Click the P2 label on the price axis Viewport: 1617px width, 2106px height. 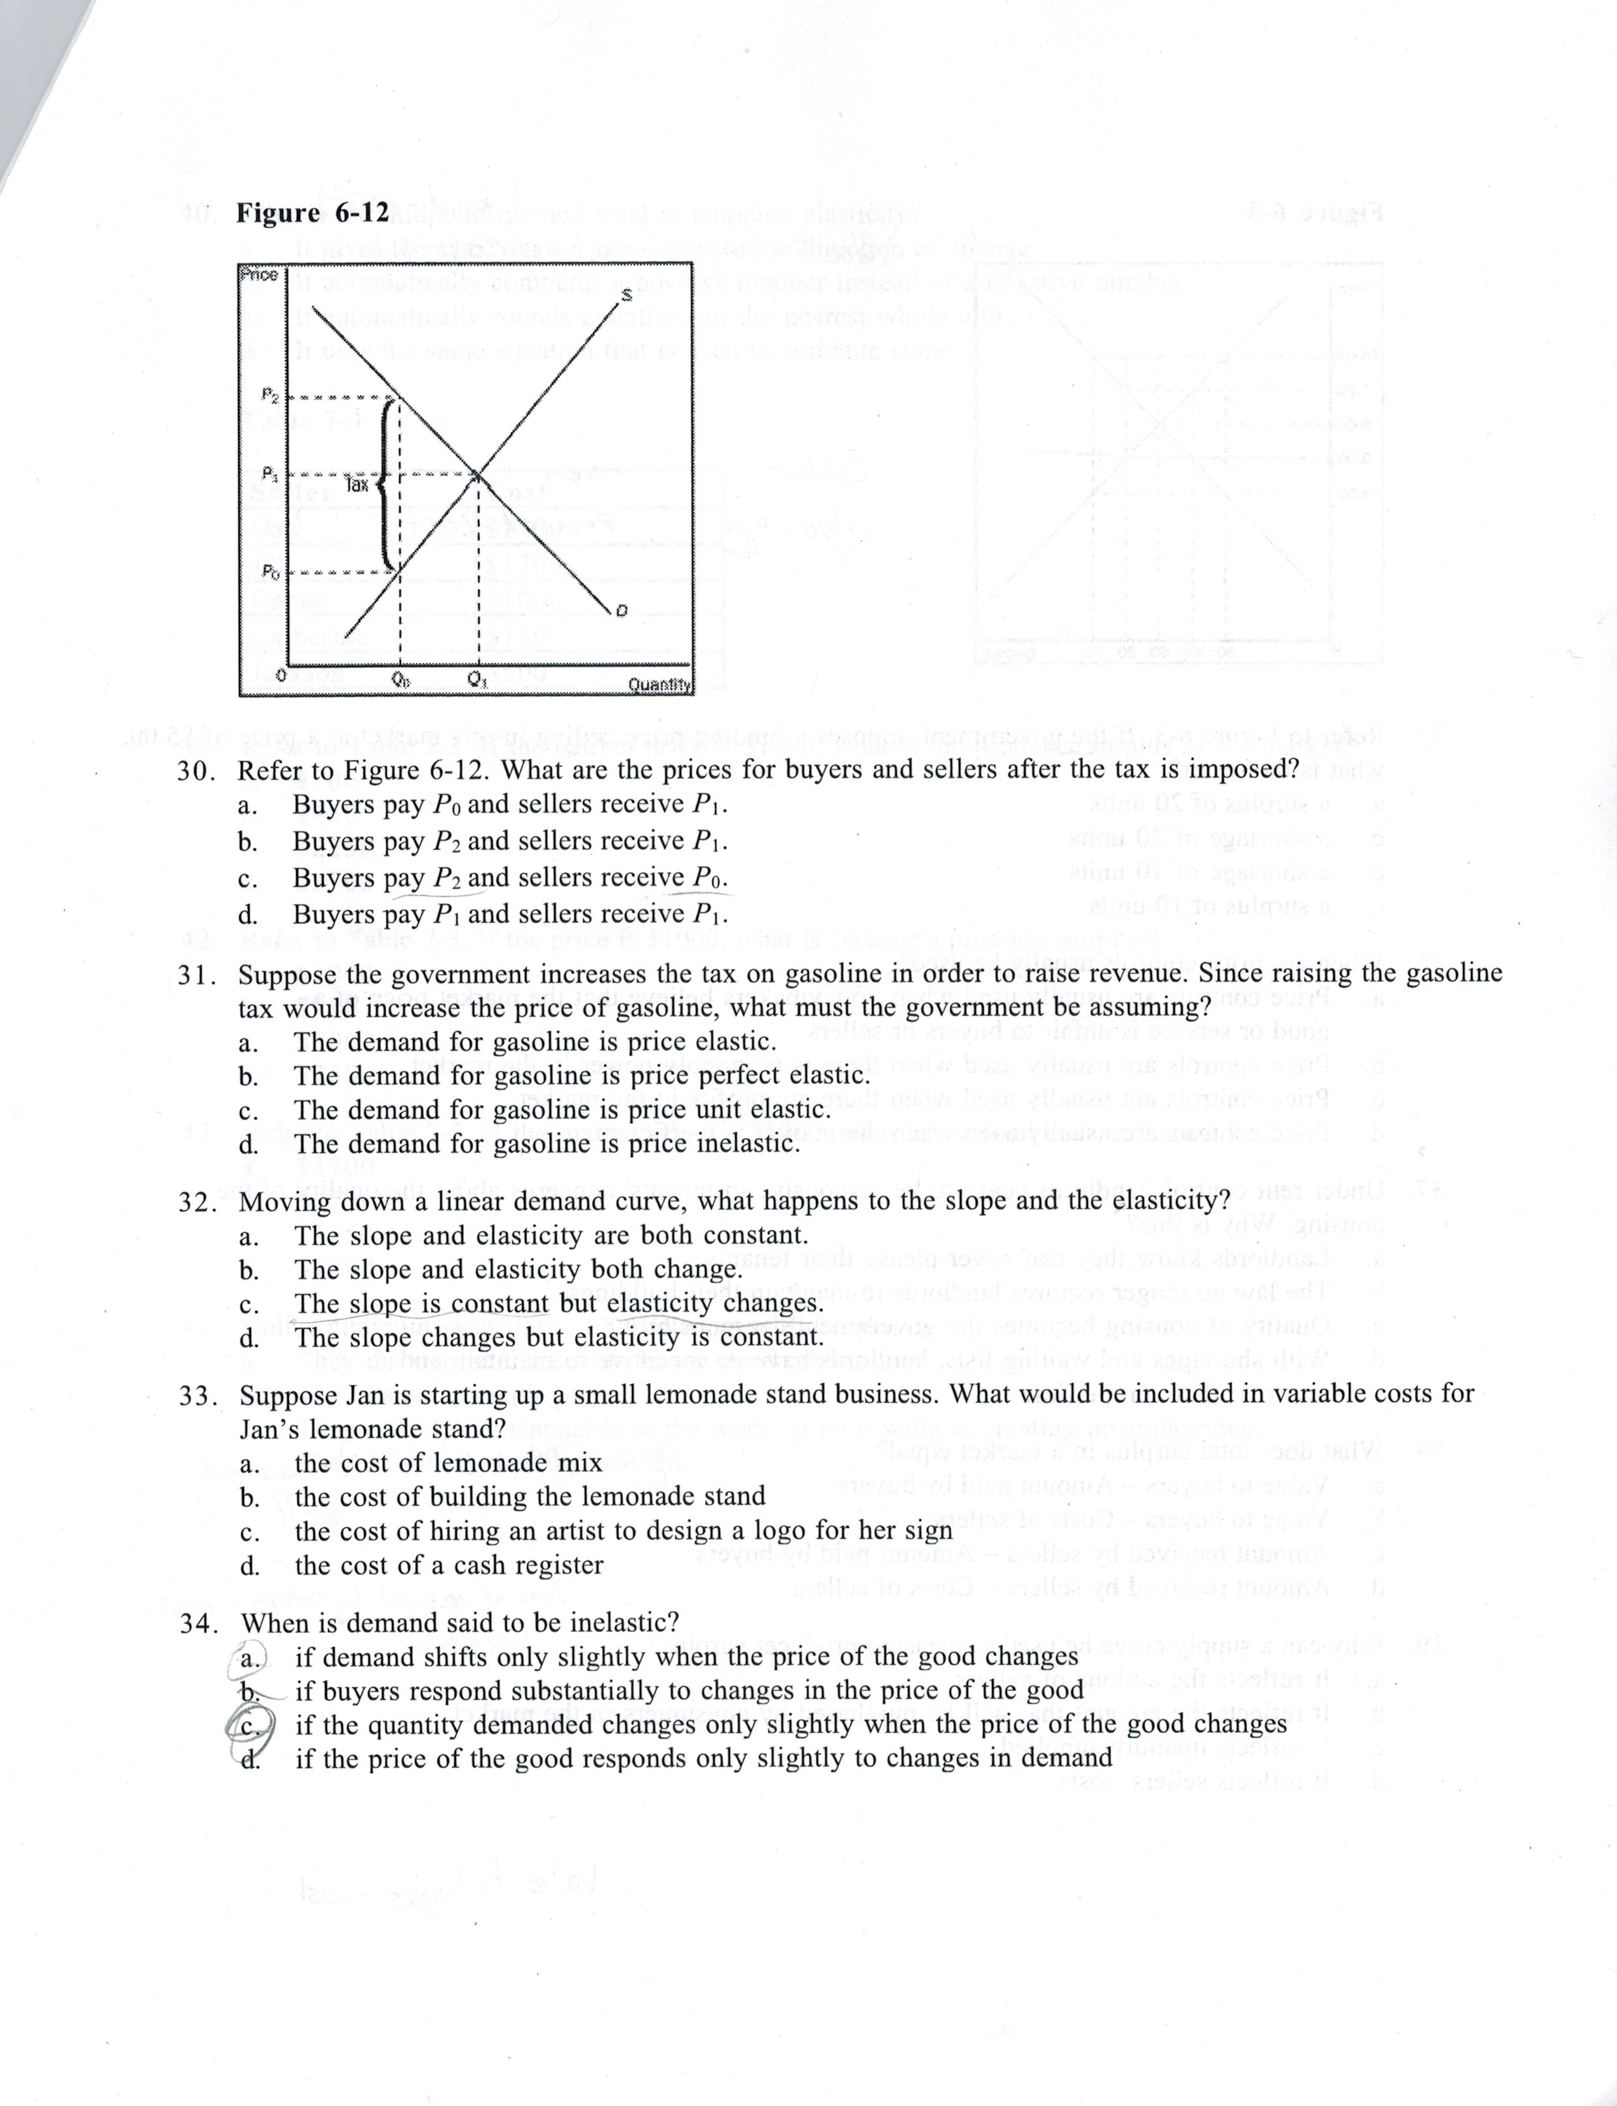(269, 394)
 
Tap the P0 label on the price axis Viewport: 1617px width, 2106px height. (271, 573)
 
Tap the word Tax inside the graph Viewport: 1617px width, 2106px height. (356, 484)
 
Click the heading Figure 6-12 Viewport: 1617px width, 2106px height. (313, 212)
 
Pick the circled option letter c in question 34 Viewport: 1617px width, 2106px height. (247, 1725)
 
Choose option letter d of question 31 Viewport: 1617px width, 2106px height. (249, 1145)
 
